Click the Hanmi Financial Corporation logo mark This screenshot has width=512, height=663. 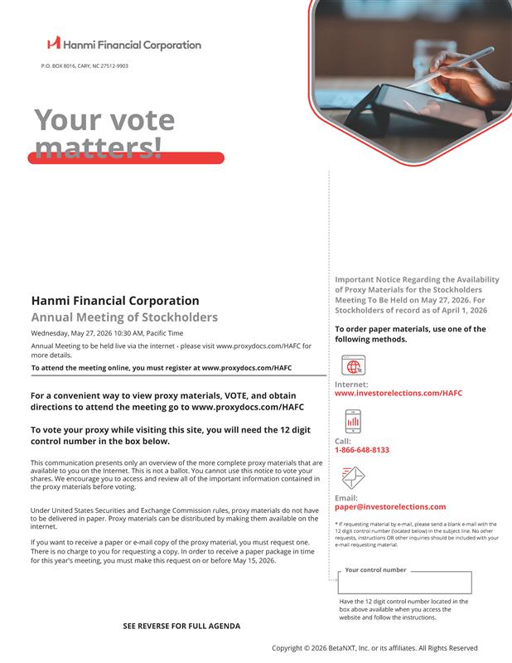(54, 43)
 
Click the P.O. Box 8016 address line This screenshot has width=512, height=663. (85, 65)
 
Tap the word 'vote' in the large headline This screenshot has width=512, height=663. (141, 121)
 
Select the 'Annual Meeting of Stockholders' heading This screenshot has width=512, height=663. (124, 317)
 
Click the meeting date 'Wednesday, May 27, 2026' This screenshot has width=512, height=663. (75, 333)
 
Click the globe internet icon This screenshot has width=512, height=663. (353, 365)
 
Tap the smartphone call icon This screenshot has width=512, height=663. (353, 422)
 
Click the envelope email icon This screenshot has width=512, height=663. (353, 477)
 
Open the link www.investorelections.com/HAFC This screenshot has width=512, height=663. (398, 394)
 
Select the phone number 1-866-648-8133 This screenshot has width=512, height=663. (362, 450)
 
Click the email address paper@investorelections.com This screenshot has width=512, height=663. (390, 506)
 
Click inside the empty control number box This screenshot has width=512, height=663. (405, 583)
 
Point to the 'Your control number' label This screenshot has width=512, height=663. (375, 570)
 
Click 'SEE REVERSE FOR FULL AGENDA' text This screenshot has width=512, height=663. (181, 627)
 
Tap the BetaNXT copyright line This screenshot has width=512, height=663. (374, 648)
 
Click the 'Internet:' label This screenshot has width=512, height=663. (351, 385)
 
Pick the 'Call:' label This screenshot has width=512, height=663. (343, 441)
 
